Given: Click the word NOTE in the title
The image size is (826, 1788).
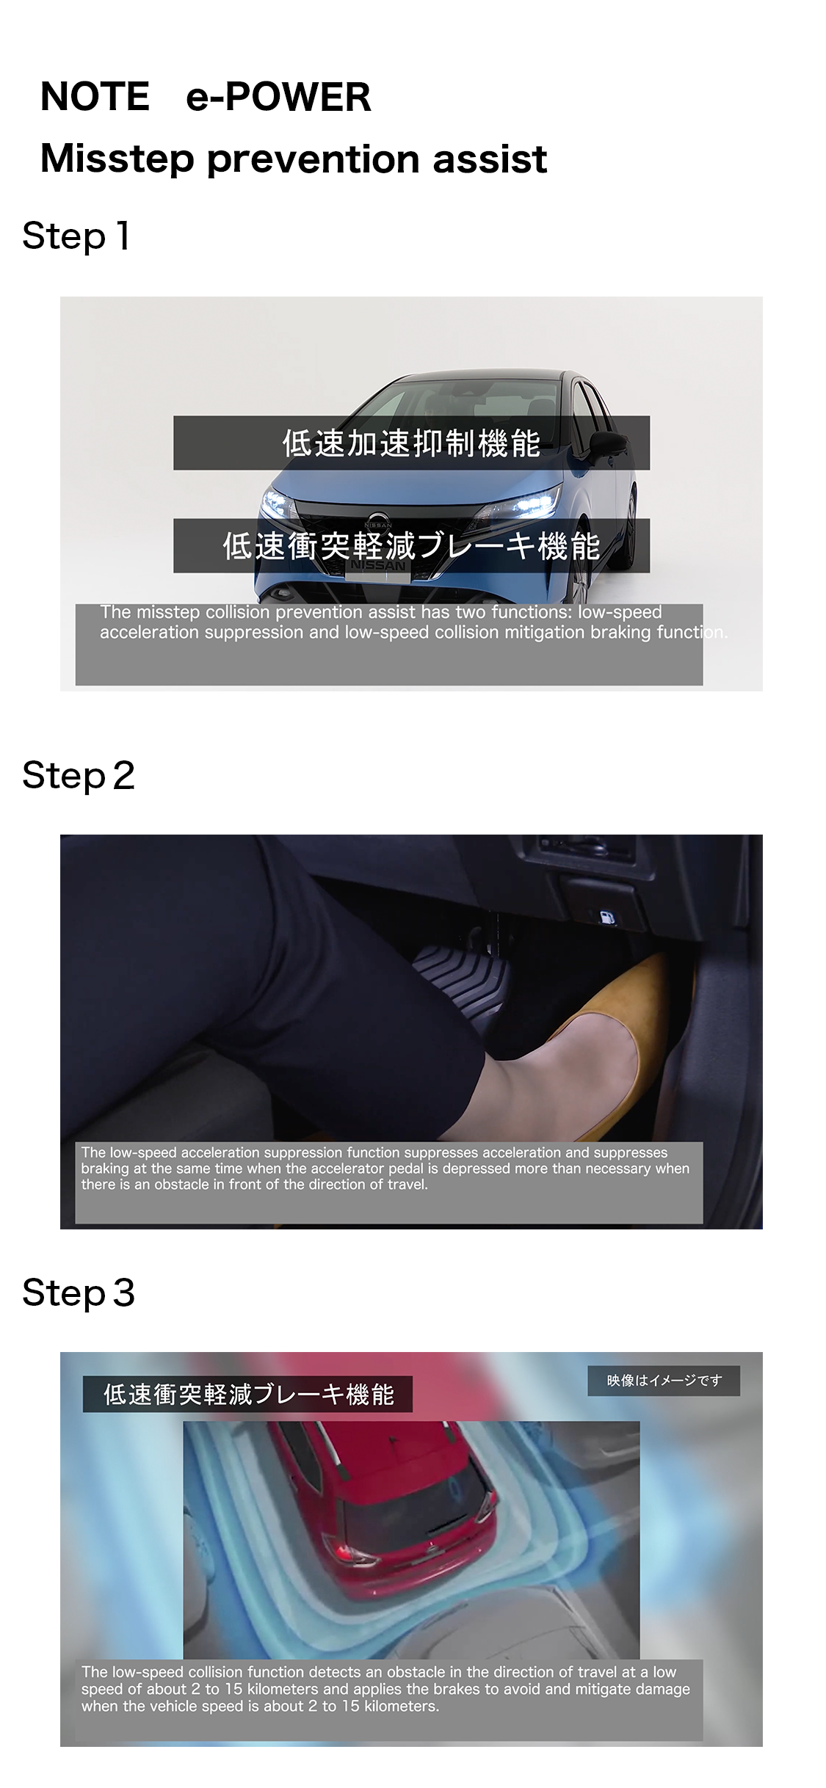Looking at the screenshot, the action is [x=95, y=97].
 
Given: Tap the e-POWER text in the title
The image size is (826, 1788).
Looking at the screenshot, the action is [x=278, y=97].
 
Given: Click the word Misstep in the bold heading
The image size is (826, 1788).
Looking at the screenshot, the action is [x=117, y=159].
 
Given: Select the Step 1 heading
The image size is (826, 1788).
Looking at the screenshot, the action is [x=76, y=236].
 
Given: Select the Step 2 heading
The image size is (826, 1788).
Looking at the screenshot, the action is [x=79, y=776].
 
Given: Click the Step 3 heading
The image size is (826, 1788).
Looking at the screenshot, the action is [x=79, y=1293].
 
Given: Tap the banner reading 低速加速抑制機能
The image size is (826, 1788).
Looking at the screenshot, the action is [x=411, y=443].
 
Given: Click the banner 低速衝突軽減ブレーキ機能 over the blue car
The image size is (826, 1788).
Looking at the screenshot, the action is [x=411, y=545].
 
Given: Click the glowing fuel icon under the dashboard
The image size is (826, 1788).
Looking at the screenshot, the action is [x=606, y=917].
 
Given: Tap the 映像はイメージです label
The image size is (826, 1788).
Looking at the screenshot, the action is [x=664, y=1381].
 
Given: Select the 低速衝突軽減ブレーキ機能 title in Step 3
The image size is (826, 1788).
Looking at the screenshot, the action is [x=248, y=1394].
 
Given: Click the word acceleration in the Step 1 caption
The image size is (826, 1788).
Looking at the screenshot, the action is [x=149, y=632].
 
